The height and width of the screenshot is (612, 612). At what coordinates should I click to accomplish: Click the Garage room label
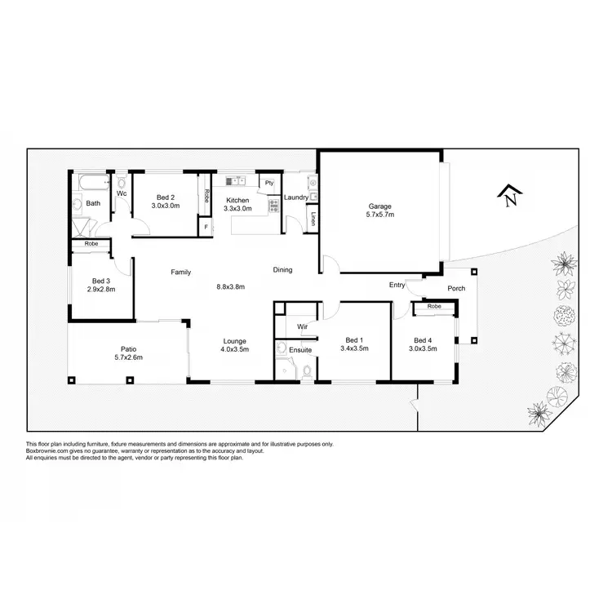(380, 206)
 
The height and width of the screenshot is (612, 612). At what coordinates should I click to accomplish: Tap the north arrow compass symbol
(511, 197)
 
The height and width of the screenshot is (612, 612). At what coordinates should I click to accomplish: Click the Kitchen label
(237, 200)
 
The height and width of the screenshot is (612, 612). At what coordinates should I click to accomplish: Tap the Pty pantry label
(268, 183)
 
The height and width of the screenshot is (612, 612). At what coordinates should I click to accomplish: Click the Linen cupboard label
(313, 218)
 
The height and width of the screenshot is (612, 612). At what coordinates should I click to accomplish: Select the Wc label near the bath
(121, 194)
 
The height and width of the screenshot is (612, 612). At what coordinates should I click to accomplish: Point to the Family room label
(180, 271)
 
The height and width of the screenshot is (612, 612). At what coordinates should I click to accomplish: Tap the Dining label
(282, 270)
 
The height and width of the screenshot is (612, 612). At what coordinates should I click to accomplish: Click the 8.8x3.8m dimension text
(231, 286)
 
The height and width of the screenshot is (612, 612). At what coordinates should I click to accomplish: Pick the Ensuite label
(299, 349)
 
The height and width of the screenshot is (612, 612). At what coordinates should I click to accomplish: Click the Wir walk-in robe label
(301, 326)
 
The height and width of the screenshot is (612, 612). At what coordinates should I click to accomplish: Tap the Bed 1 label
(353, 340)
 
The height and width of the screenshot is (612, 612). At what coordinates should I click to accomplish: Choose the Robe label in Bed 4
(434, 306)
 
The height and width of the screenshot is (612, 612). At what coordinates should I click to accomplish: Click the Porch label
(456, 288)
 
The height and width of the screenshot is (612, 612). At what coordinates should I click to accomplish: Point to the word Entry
(397, 285)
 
